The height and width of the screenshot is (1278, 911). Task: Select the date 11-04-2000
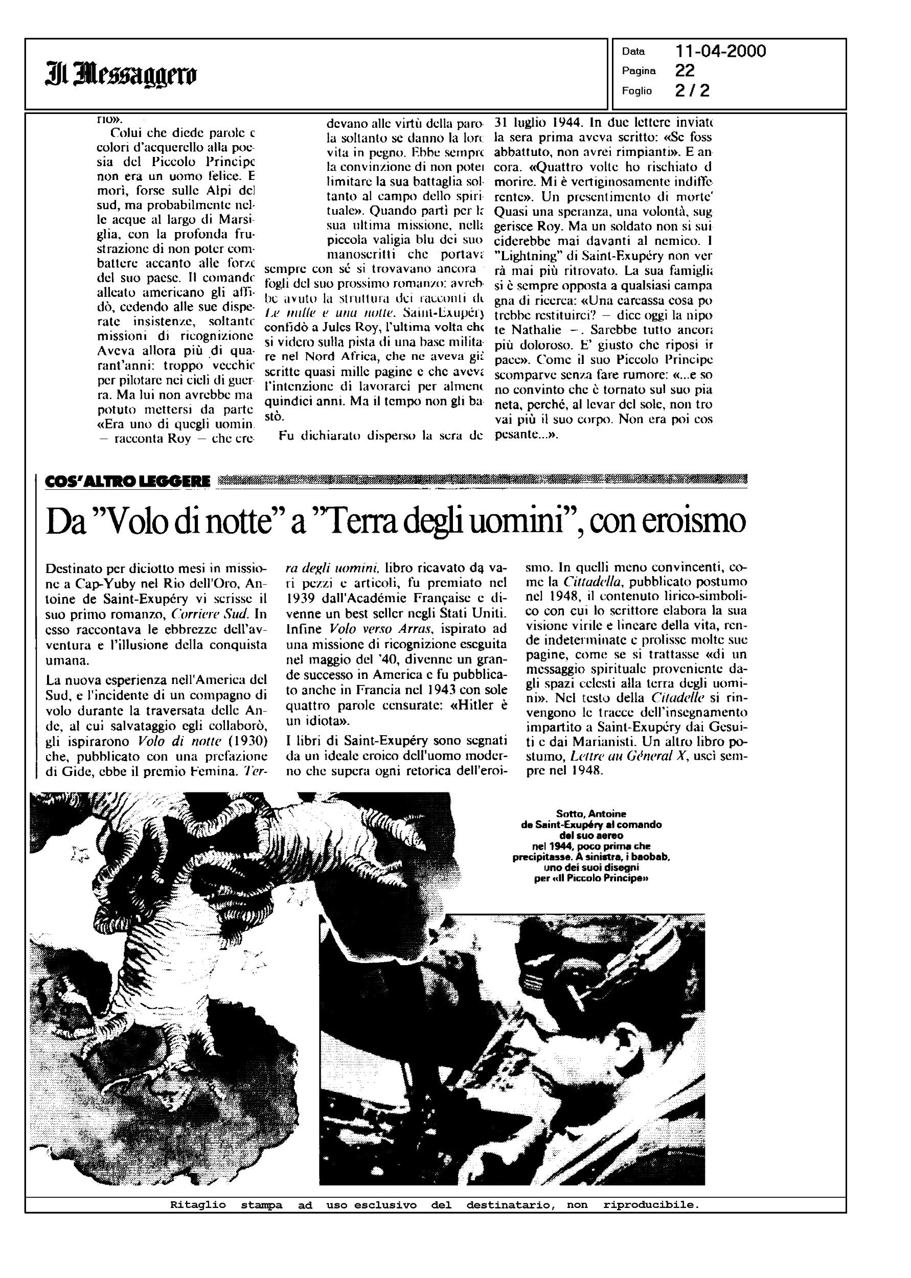[x=721, y=52]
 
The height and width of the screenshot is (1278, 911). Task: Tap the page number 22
[x=685, y=71]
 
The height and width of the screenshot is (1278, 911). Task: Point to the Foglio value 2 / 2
[x=693, y=90]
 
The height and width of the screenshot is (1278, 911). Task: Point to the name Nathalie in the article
[x=520, y=330]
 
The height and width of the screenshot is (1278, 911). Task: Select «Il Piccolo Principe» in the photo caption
[x=601, y=879]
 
